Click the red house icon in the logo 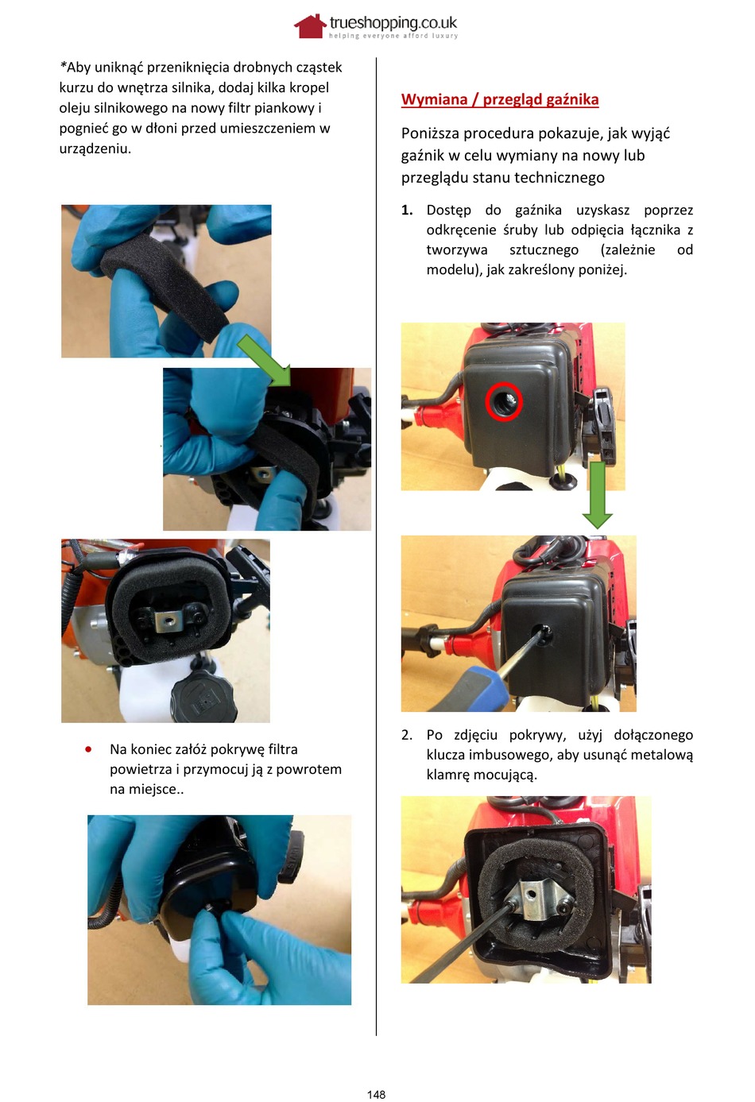(310, 26)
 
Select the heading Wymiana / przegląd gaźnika (500, 99)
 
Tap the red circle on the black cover (504, 401)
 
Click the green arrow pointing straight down (597, 495)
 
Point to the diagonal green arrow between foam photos (264, 360)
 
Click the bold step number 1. (407, 210)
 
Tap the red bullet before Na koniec (88, 749)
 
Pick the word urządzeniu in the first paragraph (95, 149)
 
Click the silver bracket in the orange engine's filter (168, 621)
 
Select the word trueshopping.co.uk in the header (393, 22)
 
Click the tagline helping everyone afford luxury (393, 36)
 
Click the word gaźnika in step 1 (538, 211)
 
